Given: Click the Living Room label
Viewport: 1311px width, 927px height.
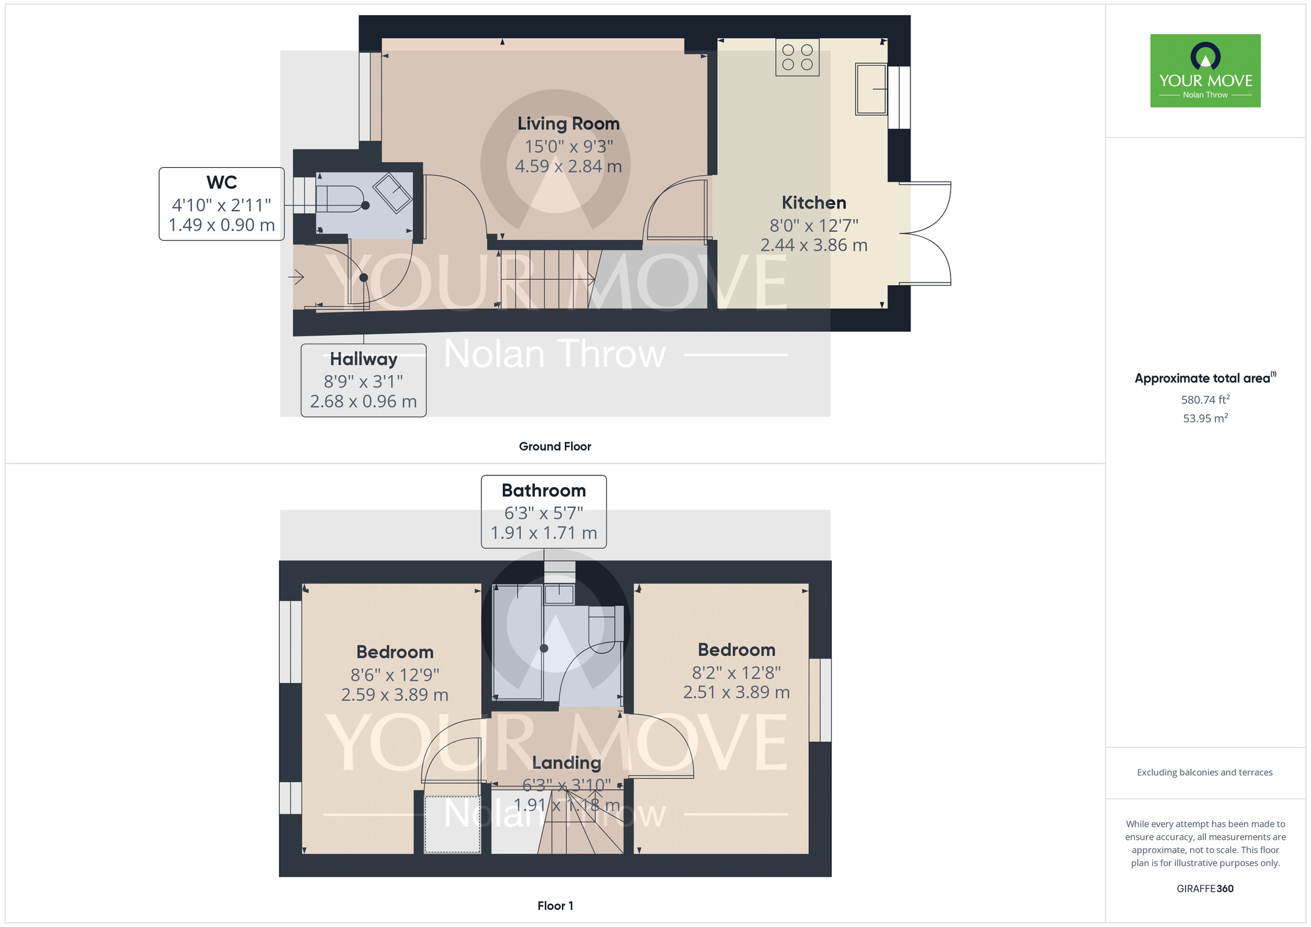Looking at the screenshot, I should click(x=568, y=124).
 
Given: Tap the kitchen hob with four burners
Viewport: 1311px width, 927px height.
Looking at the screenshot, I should click(x=797, y=58).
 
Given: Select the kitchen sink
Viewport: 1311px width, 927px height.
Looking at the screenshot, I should click(x=871, y=89).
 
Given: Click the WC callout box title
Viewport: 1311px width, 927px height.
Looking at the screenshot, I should click(x=222, y=182).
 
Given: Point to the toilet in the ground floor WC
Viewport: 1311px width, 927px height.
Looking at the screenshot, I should click(x=341, y=199).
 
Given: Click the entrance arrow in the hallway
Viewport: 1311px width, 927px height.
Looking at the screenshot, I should click(x=296, y=277).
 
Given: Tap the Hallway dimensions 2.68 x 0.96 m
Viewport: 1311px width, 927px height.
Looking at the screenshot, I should click(x=363, y=401).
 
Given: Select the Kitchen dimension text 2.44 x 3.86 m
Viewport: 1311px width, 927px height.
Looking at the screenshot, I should click(x=813, y=245).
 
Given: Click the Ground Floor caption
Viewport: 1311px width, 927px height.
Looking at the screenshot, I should click(x=555, y=446).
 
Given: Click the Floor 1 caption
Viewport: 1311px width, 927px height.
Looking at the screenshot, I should click(x=555, y=905).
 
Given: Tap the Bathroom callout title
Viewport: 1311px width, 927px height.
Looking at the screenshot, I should click(x=543, y=490).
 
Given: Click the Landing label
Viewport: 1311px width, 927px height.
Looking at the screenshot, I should click(x=566, y=762).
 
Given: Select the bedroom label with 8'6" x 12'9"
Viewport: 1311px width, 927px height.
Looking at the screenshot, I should click(x=395, y=652).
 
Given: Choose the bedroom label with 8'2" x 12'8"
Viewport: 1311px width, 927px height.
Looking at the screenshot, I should click(x=736, y=650).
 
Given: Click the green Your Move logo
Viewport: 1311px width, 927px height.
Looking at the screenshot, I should click(x=1205, y=71).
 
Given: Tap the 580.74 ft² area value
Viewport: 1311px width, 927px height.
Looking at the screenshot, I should click(x=1205, y=399).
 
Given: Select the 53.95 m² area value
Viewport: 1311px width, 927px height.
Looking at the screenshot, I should click(x=1205, y=418).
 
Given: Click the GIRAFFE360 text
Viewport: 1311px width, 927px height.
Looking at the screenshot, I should click(x=1205, y=889).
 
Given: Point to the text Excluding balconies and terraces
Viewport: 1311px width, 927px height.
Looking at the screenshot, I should click(x=1205, y=772).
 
